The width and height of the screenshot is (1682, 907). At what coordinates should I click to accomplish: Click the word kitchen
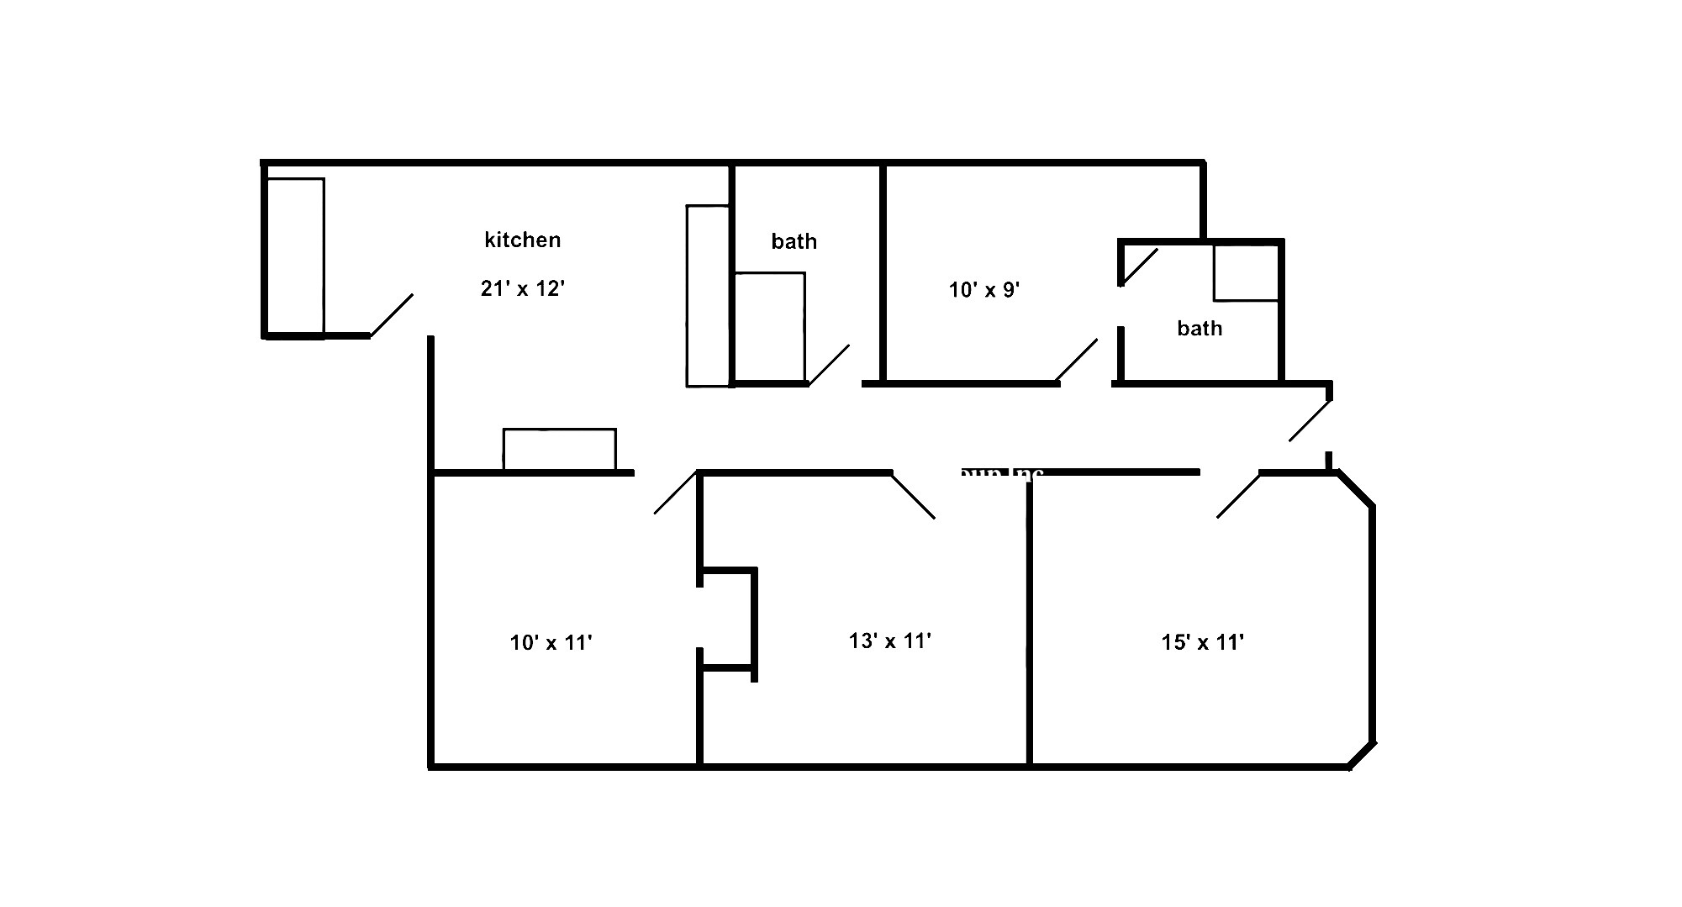coord(522,240)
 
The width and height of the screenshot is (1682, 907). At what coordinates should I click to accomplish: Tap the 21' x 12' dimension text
coord(522,289)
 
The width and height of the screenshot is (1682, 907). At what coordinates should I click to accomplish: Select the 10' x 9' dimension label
coord(984,290)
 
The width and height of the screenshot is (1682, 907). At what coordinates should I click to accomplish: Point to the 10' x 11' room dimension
coord(551,643)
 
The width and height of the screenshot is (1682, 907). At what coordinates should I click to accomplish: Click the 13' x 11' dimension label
coord(890,641)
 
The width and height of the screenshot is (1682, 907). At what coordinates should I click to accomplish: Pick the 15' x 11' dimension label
coord(1203,643)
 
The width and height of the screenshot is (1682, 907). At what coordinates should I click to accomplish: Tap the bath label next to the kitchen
coord(794,242)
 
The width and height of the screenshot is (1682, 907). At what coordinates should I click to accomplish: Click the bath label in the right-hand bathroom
coord(1200,329)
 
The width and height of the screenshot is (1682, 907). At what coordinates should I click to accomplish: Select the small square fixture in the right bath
coord(1246,272)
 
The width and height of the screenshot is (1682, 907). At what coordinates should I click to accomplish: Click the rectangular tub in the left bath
coord(769,327)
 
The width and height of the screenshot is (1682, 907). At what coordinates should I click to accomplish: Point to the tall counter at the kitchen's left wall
coord(295,256)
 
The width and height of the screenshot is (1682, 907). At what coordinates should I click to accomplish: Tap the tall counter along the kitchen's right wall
coord(708,296)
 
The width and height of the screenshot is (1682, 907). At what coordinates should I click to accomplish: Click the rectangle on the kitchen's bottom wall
coord(559,450)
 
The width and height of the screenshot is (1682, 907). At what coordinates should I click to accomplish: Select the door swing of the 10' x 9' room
coord(1077,360)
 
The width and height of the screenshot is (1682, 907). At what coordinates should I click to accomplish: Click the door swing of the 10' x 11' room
coord(676,493)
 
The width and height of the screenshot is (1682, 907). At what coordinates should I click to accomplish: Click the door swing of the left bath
coord(828,365)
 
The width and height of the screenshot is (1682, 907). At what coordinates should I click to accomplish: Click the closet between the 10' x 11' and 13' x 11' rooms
coord(727,619)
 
